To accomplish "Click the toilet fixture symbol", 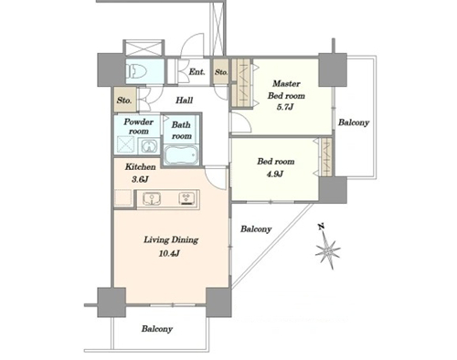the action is (136, 71).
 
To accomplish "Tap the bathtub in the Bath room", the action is (181, 155).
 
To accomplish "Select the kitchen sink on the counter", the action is (152, 199).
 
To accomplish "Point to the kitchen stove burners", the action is (186, 198).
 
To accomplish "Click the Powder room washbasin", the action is (148, 146).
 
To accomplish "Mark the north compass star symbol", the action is (327, 250).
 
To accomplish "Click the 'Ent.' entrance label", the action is (197, 72).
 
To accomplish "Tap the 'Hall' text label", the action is (184, 101).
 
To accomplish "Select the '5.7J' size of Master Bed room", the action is (285, 107).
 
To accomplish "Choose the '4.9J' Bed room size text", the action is (275, 174).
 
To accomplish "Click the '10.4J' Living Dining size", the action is (169, 253).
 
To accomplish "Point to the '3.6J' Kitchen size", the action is (140, 179).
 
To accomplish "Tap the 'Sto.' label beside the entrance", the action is (221, 72).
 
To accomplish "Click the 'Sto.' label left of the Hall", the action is (124, 101).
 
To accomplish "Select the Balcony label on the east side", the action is (354, 122).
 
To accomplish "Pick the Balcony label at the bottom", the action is (157, 329).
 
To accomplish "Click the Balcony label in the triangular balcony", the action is (256, 229).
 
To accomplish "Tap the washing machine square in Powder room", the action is (125, 145).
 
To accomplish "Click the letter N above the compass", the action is (321, 227).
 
